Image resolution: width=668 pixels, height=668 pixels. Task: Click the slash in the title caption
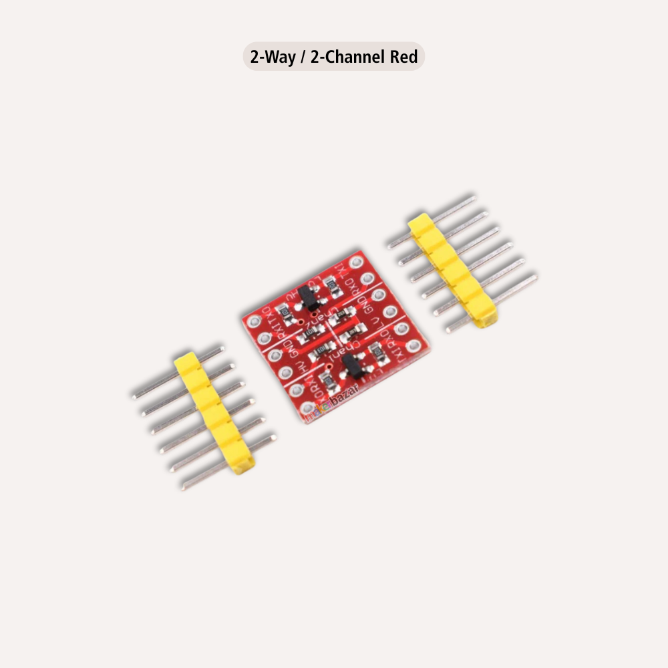tap(303, 57)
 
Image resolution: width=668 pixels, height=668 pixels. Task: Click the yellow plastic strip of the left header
tap(214, 414)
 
